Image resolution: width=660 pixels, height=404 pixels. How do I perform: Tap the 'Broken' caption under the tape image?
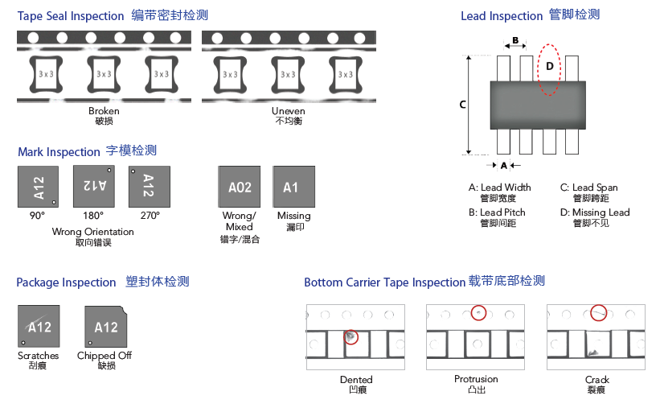pos(104,111)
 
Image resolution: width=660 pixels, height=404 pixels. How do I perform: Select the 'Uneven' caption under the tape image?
pos(289,111)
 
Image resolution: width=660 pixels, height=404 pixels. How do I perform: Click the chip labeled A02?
pos(240,188)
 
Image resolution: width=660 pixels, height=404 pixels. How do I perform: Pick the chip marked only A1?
pos(292,188)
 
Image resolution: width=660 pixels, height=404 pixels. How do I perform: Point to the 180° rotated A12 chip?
pos(94,186)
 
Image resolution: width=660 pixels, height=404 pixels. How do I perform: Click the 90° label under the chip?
pos(37,216)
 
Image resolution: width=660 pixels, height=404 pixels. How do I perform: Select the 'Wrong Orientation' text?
pos(93,232)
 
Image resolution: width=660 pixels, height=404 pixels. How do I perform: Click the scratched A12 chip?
pos(39,327)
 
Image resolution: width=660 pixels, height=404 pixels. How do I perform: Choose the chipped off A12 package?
pos(105,327)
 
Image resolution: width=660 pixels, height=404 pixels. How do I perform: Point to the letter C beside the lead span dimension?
pos(462,105)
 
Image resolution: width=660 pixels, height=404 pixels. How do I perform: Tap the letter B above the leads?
pos(514,40)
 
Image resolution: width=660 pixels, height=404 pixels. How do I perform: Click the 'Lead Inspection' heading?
pos(502,15)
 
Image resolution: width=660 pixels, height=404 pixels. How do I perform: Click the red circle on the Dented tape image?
pos(350,337)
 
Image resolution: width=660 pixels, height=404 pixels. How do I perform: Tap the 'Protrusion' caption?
pos(476,379)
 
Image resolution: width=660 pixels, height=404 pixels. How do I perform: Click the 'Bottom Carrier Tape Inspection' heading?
pos(385,282)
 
